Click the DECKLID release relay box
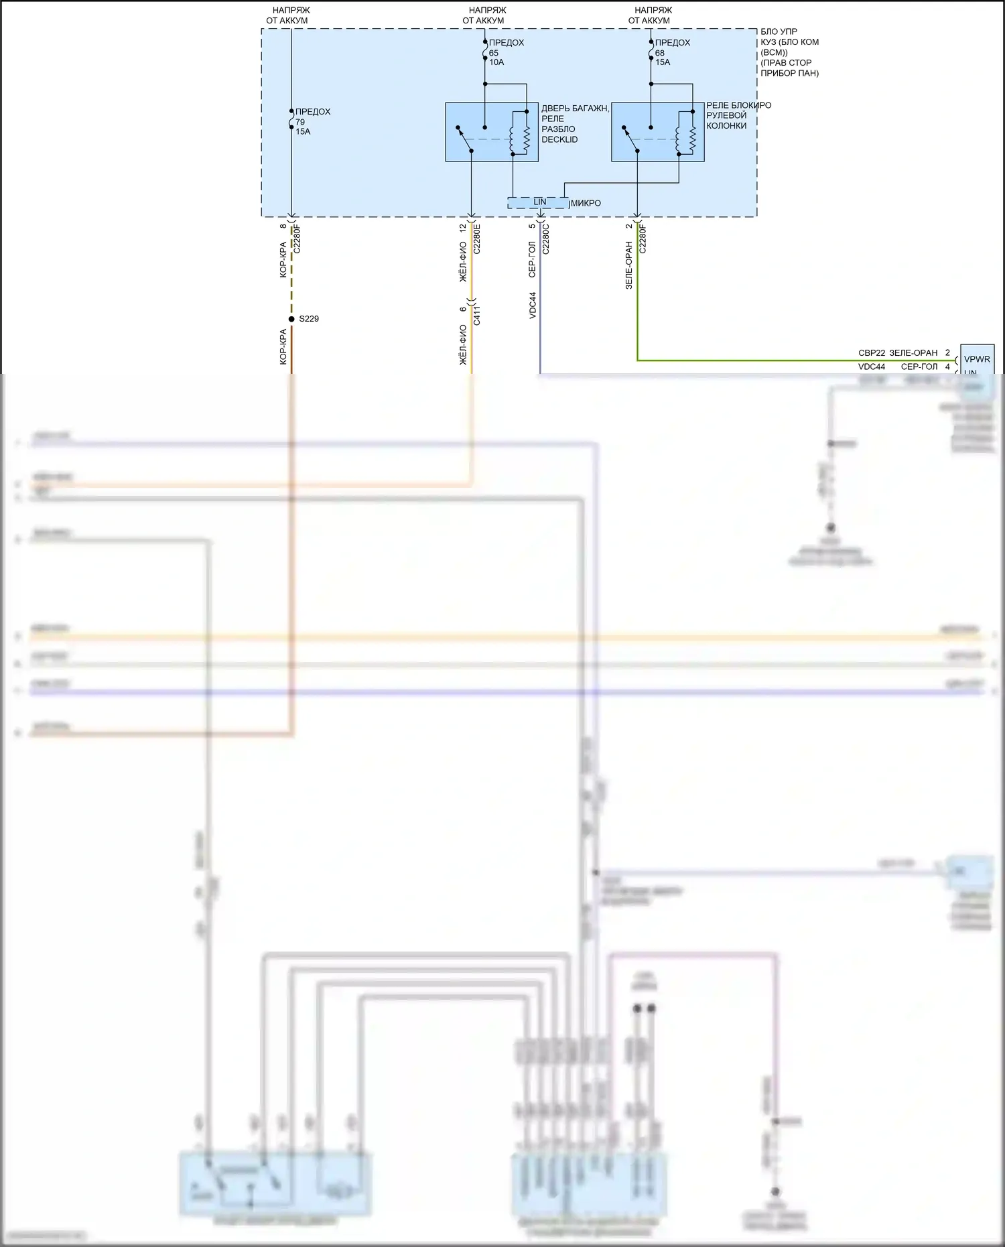(x=491, y=132)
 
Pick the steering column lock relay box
(x=657, y=132)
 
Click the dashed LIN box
(x=539, y=202)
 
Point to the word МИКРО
(x=586, y=203)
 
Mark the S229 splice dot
(x=291, y=319)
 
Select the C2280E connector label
(x=477, y=239)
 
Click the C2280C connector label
(x=546, y=239)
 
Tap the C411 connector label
(x=477, y=316)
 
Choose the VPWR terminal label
(x=977, y=359)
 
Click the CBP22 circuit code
(x=872, y=353)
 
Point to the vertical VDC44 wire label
(x=533, y=305)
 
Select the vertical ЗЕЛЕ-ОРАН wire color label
(x=628, y=265)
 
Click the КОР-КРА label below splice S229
(x=283, y=346)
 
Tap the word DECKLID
(x=559, y=139)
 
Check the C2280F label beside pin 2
(x=643, y=239)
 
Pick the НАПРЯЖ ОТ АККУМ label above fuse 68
(x=651, y=15)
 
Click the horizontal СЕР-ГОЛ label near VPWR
(x=919, y=367)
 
